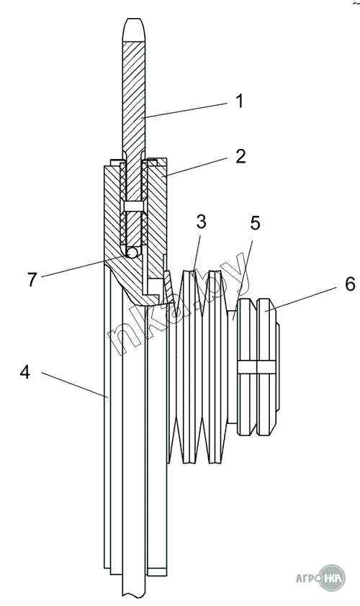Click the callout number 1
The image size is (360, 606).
click(240, 101)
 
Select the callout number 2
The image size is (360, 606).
click(240, 156)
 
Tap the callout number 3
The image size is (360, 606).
click(201, 222)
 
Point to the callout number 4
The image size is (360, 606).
click(25, 372)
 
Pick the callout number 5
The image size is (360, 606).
click(255, 223)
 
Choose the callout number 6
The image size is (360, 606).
click(349, 284)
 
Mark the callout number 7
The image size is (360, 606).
click(32, 279)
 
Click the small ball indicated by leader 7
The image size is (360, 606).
click(132, 253)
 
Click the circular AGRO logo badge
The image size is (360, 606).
click(331, 578)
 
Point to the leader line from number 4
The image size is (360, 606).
click(74, 384)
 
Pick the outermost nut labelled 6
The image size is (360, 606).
click(267, 367)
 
